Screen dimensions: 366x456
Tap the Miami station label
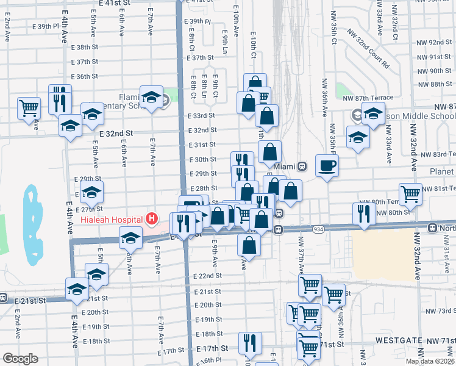[x=284, y=166]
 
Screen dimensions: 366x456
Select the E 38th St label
[x=84, y=47]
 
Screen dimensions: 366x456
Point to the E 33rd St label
[x=202, y=115]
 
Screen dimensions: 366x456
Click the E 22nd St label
[x=210, y=276]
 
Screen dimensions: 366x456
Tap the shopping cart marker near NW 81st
[x=411, y=194]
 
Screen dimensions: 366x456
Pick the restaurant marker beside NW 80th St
[x=362, y=213]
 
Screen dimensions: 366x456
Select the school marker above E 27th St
[x=91, y=191]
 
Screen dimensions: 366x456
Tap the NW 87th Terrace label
[x=368, y=98]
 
